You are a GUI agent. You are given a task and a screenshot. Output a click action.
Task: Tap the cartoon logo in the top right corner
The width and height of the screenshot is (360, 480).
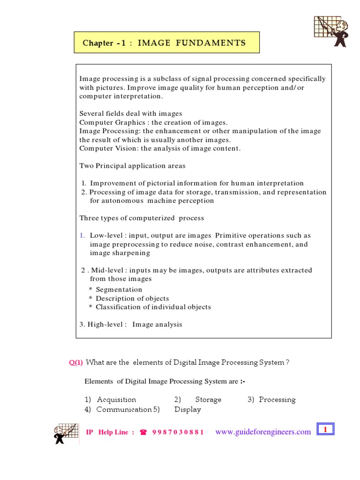(x=330, y=31)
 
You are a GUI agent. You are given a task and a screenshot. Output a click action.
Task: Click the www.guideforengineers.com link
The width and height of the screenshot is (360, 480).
(x=263, y=432)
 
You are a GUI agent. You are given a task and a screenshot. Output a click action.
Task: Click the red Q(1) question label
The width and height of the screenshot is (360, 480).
(x=76, y=362)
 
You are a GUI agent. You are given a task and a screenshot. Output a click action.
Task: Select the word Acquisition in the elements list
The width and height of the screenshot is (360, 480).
(x=116, y=400)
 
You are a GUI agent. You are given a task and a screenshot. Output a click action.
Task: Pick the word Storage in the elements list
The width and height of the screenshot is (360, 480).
(x=208, y=400)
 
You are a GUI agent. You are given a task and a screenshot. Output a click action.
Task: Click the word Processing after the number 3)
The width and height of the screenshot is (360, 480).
(x=277, y=400)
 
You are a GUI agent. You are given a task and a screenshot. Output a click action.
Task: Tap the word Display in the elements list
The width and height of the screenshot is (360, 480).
(x=187, y=410)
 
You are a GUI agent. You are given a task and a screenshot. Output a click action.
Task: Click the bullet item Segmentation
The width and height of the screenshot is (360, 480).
(x=119, y=290)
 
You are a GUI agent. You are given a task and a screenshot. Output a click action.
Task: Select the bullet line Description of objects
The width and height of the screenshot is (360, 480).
(x=132, y=299)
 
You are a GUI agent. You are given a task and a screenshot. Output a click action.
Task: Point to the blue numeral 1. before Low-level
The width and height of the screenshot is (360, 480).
(x=82, y=235)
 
